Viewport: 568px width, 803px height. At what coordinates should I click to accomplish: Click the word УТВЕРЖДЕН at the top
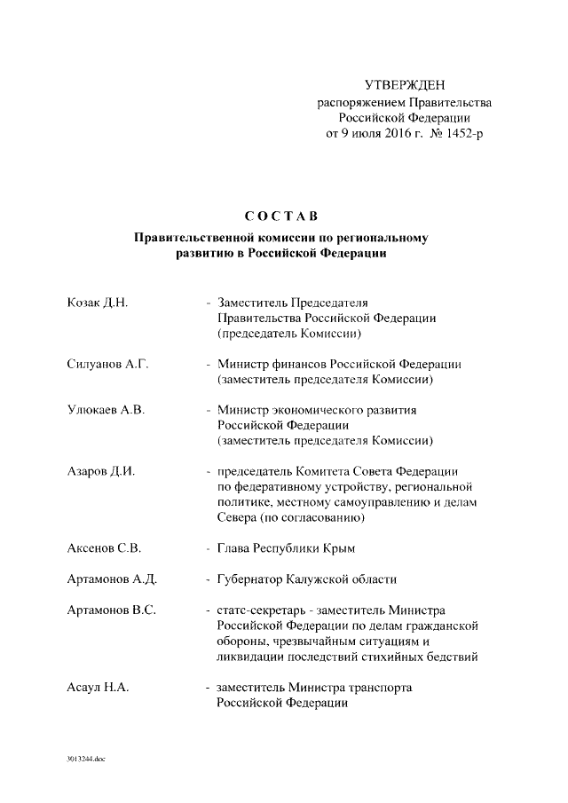[405, 85]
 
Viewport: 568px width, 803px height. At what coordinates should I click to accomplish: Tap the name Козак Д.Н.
[99, 303]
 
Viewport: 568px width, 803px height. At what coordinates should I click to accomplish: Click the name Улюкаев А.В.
[106, 410]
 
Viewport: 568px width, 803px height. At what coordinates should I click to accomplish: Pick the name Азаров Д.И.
[101, 471]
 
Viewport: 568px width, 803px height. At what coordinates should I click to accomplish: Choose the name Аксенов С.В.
[104, 548]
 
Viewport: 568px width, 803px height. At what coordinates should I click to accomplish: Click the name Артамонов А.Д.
[112, 579]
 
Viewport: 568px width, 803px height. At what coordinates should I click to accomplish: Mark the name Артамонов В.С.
[112, 610]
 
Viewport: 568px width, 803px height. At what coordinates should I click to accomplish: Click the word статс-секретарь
[259, 610]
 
